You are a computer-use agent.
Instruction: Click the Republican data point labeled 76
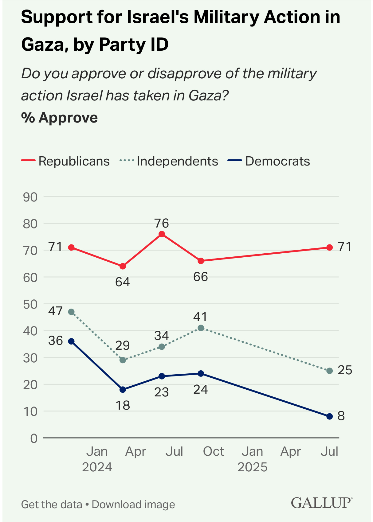coord(162,234)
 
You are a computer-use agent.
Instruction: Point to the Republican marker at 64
coord(123,266)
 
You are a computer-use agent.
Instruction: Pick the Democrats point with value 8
coord(330,416)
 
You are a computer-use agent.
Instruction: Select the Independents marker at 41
coord(201,328)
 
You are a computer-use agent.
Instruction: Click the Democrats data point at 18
coord(123,390)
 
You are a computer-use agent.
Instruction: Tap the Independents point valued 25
coord(330,371)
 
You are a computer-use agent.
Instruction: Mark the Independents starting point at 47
coord(71,312)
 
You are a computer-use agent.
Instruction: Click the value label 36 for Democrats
coord(56,341)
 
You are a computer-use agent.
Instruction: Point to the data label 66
coord(201,277)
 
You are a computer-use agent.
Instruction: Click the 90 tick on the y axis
coord(30,197)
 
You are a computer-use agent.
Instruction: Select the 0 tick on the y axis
coord(34,438)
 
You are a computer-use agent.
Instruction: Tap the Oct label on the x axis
coord(214,452)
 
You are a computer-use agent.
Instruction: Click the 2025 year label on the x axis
coord(253,467)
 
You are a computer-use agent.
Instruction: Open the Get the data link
coord(52,504)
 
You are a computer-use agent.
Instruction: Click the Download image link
coord(133,504)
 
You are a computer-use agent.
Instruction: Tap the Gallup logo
coord(321,503)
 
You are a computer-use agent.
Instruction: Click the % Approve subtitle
coord(59,118)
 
